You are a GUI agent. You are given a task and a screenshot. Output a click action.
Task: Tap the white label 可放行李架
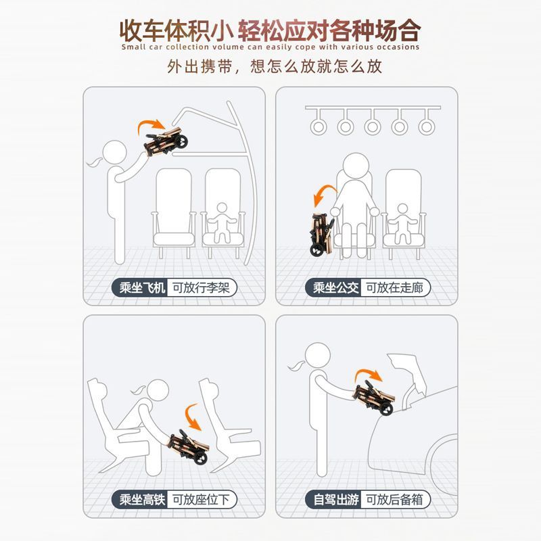coord(201,287)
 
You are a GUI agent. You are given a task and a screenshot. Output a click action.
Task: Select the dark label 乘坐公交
coord(334,287)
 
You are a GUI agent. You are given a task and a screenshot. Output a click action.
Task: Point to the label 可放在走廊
coord(395,287)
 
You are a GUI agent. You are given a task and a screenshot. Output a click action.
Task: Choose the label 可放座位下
coord(201,499)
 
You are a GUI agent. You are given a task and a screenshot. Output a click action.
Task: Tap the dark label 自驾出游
coord(334,499)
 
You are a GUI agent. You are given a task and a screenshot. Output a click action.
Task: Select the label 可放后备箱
coord(395,499)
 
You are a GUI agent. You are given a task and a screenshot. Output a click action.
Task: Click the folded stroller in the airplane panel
coord(166,142)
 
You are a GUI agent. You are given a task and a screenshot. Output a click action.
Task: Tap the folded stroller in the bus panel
coord(323,235)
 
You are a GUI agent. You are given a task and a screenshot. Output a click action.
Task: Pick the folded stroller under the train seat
coord(189,446)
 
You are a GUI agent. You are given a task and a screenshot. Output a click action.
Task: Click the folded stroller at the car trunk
coord(374,398)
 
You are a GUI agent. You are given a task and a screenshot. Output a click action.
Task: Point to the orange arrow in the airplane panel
coord(151,124)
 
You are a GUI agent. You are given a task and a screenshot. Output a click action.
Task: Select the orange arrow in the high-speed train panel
coord(191,416)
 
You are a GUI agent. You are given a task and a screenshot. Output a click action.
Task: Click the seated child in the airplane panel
coord(222,222)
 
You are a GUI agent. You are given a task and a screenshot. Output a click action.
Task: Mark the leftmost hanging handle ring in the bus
coord(318,126)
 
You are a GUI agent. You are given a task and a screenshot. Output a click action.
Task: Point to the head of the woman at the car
coord(317,354)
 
